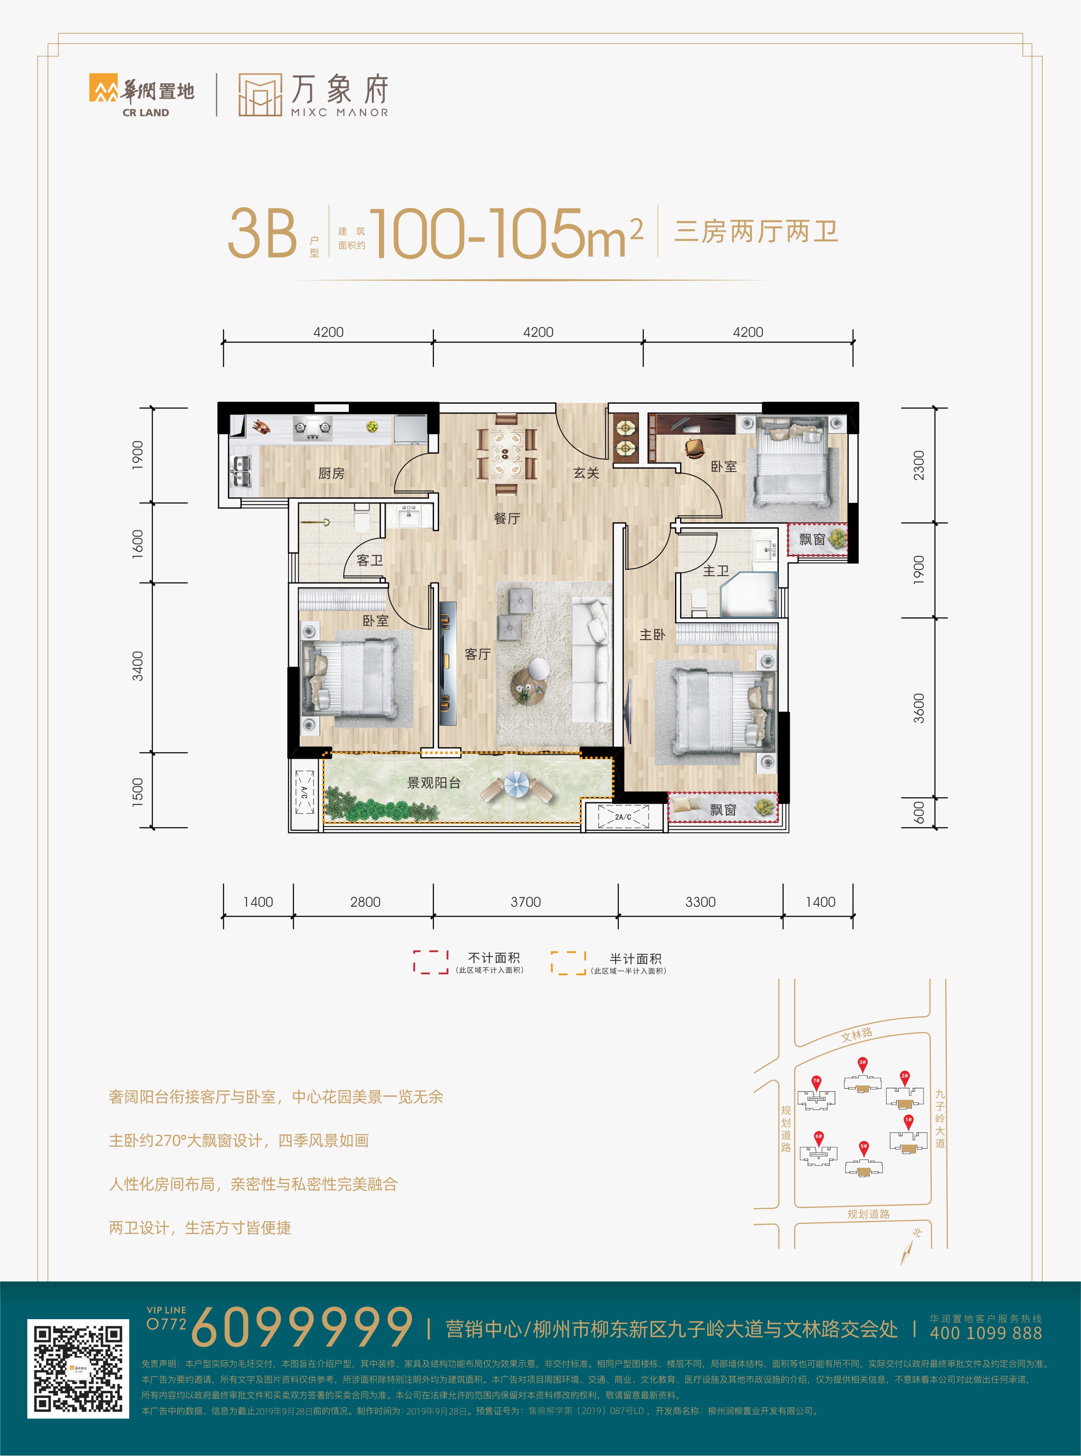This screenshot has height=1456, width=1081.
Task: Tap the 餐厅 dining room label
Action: coord(507,519)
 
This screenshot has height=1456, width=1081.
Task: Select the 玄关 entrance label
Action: coord(586,473)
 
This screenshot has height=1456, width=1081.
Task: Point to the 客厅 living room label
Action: coord(478,654)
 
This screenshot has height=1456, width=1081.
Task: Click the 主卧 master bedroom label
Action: coord(653,635)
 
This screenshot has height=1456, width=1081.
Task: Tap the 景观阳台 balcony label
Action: coord(434,782)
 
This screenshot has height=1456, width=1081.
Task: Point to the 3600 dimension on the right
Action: coord(920,708)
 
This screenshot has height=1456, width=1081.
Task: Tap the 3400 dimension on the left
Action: coord(137,666)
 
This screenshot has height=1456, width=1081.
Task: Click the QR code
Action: coord(78,1368)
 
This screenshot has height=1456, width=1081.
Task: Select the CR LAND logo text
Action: coord(146,113)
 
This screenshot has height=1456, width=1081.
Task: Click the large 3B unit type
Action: coord(262,233)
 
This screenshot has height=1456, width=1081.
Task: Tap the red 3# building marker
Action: coord(862,1064)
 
